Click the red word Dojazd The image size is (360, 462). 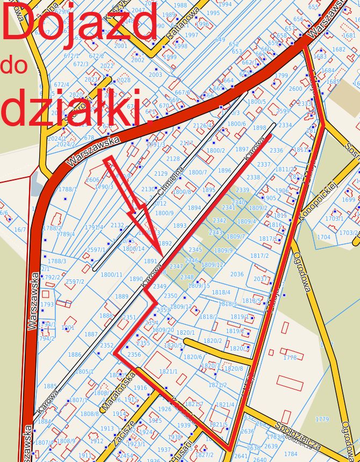(x=81, y=24)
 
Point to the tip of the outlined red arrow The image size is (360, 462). (x=161, y=252)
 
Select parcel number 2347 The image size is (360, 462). (x=176, y=266)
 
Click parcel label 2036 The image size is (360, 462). (x=237, y=274)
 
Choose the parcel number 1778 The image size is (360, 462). (x=290, y=357)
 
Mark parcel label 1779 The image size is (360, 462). (x=322, y=419)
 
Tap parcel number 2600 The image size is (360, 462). (x=296, y=89)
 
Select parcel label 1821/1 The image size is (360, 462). (x=168, y=371)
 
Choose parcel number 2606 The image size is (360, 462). (x=92, y=180)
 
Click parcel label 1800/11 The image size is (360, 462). (x=112, y=275)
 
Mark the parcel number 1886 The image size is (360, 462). (x=75, y=355)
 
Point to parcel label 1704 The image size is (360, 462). (x=323, y=237)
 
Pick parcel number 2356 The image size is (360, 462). (x=134, y=355)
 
